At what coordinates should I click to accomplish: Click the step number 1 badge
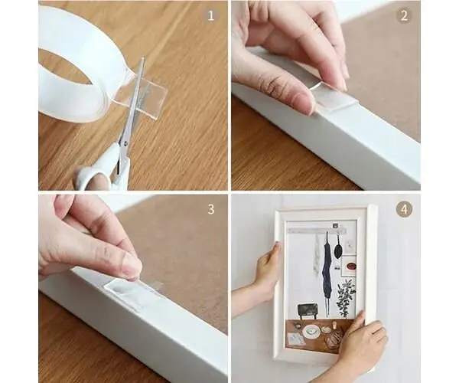point(211,15)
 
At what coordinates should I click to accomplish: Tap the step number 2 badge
point(404,15)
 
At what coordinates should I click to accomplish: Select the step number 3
point(211,209)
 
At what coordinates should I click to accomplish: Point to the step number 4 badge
point(404,209)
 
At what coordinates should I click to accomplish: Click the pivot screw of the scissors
point(125,143)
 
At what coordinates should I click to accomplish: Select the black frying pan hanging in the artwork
point(338,248)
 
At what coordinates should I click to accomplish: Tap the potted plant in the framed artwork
point(346,296)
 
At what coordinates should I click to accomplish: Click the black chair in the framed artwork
point(308,312)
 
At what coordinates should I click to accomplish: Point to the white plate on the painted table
point(311,331)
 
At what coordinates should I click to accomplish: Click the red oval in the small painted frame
point(350,267)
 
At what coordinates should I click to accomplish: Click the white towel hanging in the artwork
point(317,258)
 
